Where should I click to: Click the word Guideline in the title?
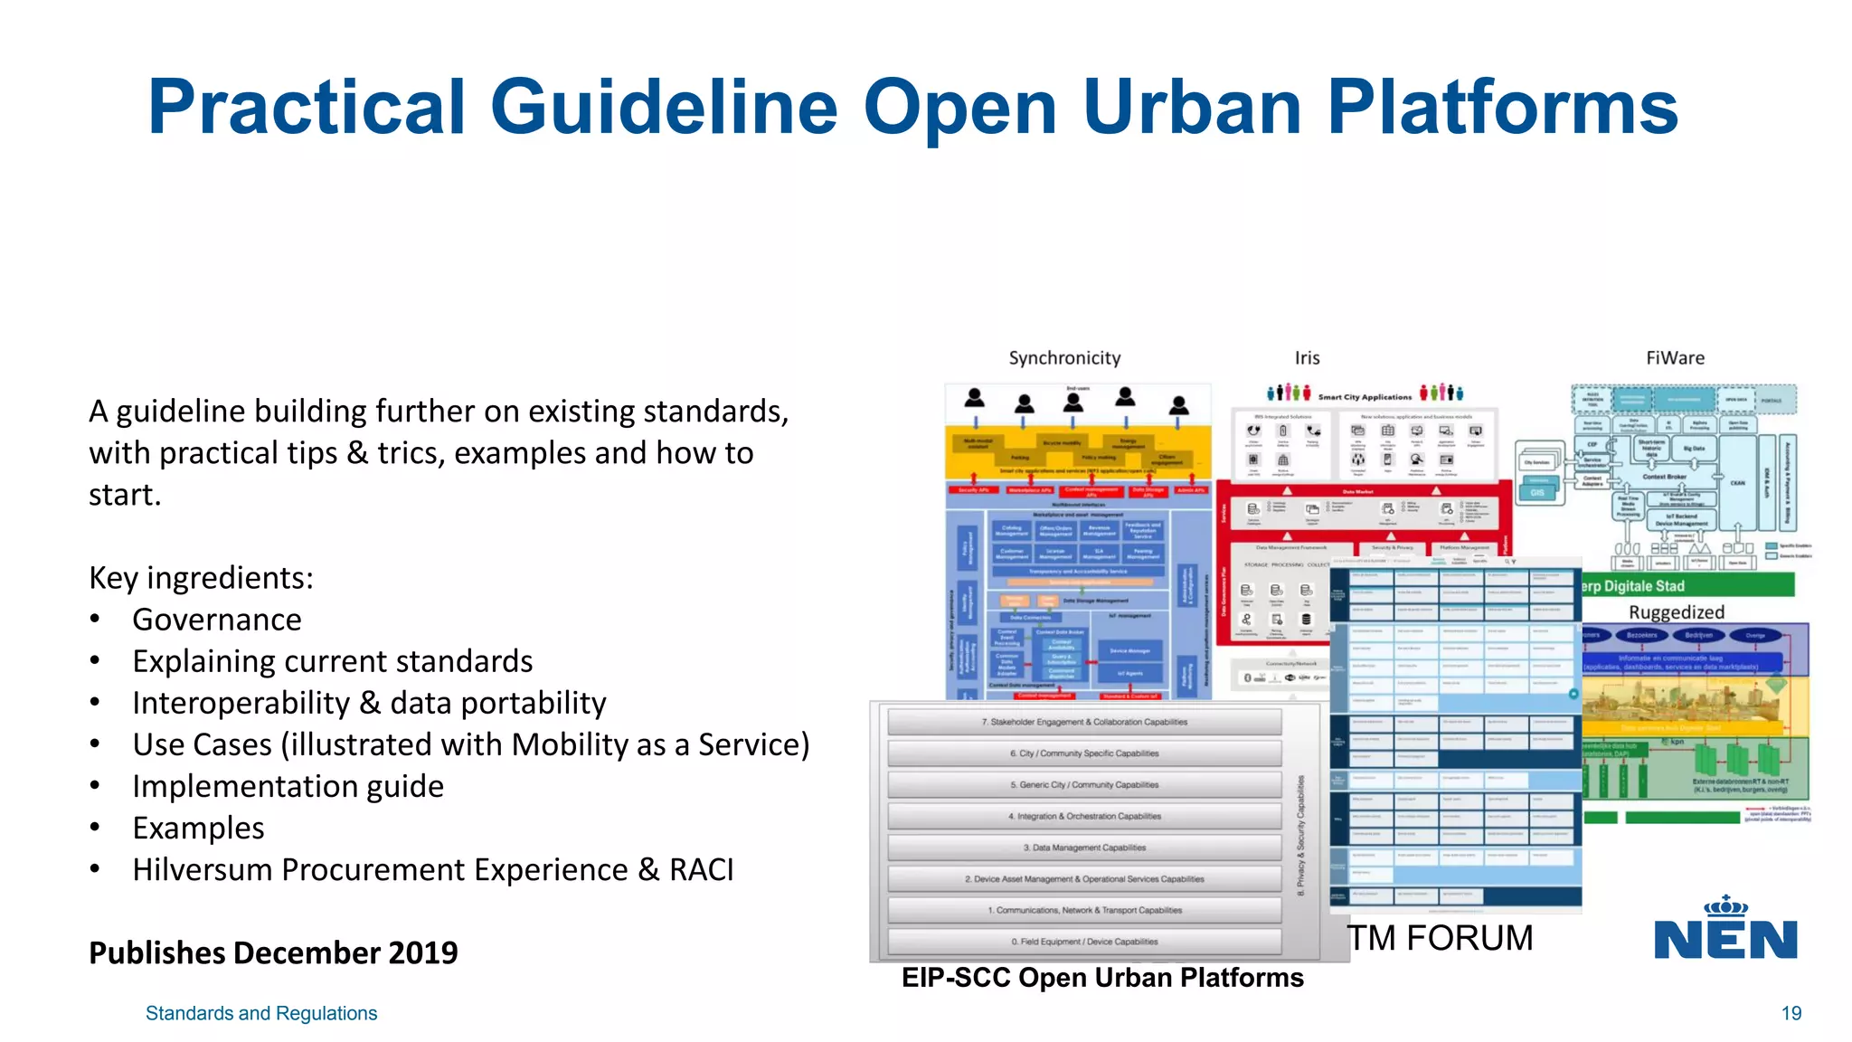[x=664, y=109]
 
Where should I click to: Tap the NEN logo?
[x=1725, y=932]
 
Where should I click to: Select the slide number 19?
[x=1791, y=1014]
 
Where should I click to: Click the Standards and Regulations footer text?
[x=261, y=1014]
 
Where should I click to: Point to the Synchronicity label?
[x=1064, y=358]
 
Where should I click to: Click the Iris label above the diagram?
[x=1307, y=358]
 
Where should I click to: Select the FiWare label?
[x=1675, y=358]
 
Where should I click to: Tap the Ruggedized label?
[x=1676, y=612]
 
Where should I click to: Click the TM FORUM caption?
[x=1441, y=938]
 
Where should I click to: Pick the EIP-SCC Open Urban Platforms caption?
[x=1102, y=978]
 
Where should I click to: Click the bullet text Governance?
[x=217, y=620]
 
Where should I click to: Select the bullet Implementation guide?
[x=288, y=787]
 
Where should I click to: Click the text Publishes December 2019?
[x=273, y=953]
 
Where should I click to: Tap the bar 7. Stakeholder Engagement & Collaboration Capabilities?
[x=1084, y=722]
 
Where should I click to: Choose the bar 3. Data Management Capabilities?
[x=1084, y=848]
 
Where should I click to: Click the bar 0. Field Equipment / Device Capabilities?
[x=1084, y=942]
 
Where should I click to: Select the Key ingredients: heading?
[x=201, y=578]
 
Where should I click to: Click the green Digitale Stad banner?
[x=1687, y=586]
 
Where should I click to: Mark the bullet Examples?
[x=198, y=829]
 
